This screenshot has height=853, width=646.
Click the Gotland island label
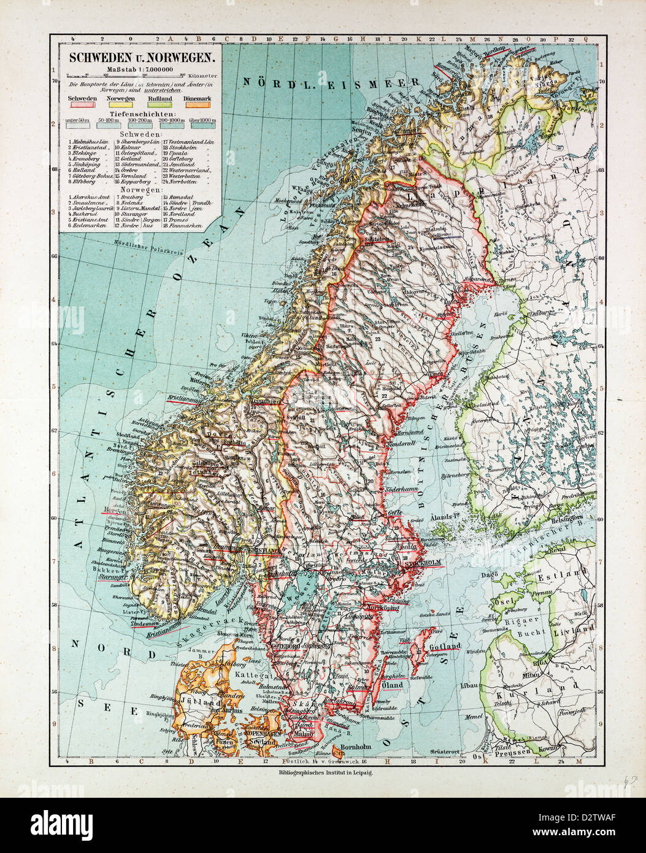(x=446, y=647)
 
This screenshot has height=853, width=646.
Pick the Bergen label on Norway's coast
(x=115, y=510)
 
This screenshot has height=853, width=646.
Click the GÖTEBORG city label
(x=281, y=646)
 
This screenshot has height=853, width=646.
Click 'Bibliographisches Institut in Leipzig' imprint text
(x=325, y=774)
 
